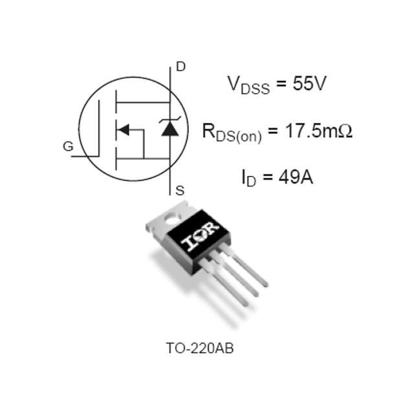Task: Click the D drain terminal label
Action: pyautogui.click(x=181, y=67)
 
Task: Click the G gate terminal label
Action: pyautogui.click(x=68, y=146)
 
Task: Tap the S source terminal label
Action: pyautogui.click(x=180, y=191)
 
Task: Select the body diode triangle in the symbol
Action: pyautogui.click(x=169, y=129)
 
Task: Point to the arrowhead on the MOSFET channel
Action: pyautogui.click(x=123, y=129)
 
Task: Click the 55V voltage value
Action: pyautogui.click(x=309, y=83)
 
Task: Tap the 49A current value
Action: pyautogui.click(x=296, y=177)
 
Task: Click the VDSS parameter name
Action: pyautogui.click(x=248, y=85)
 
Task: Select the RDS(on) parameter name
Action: pyautogui.click(x=232, y=133)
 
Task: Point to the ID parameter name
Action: pyautogui.click(x=249, y=179)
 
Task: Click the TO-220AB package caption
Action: pyautogui.click(x=200, y=348)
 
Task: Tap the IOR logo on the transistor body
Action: pyautogui.click(x=200, y=236)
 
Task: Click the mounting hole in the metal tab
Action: pyautogui.click(x=172, y=218)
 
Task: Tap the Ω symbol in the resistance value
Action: pyautogui.click(x=345, y=131)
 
